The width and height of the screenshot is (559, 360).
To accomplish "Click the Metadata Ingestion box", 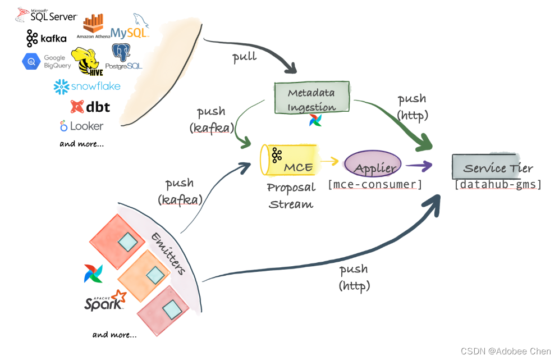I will tap(311, 99).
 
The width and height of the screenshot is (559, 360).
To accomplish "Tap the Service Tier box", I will tap(492, 167).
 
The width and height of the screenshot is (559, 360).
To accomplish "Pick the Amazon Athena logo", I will tap(93, 26).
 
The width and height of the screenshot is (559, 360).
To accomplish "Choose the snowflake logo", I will tap(87, 86).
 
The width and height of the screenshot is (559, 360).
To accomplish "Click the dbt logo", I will tap(90, 106).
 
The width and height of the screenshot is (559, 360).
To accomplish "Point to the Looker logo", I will tap(82, 126).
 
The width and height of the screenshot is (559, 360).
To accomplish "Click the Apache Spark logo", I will tap(104, 300).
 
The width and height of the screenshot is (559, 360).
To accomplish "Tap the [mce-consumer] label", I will tap(374, 184).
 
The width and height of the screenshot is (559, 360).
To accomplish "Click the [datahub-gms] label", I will tap(498, 184).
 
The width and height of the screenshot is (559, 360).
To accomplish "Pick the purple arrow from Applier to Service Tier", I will tap(419, 166).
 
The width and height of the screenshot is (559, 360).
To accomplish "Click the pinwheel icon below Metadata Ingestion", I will tap(315, 120).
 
